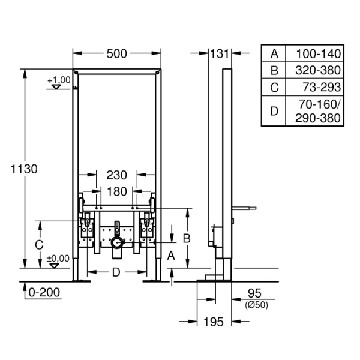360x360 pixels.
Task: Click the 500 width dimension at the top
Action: (116, 54)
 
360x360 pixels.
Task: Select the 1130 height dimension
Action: (24, 169)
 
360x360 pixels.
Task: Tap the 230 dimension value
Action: (116, 175)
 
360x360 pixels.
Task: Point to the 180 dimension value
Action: (116, 192)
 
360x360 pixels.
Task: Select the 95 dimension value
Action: (256, 294)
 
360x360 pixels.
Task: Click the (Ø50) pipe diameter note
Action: (256, 305)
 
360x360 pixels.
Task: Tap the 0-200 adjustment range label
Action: (45, 292)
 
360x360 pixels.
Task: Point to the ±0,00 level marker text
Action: (58, 259)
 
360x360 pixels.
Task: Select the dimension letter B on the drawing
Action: (187, 238)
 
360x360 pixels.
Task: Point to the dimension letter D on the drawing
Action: (116, 272)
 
